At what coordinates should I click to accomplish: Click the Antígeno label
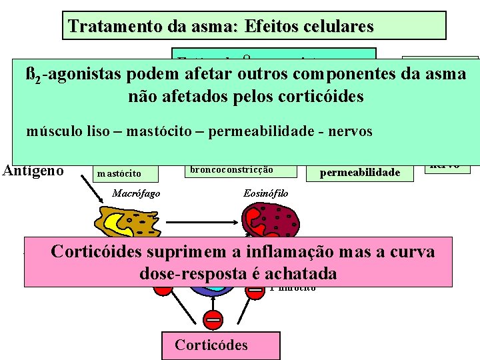(x=33, y=171)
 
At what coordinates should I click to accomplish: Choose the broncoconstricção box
(x=231, y=169)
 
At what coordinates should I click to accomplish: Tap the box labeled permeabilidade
(x=360, y=172)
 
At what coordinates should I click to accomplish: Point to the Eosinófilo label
(x=267, y=193)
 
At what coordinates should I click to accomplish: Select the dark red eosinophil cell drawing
(x=269, y=220)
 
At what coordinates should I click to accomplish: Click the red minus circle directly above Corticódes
(x=213, y=319)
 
